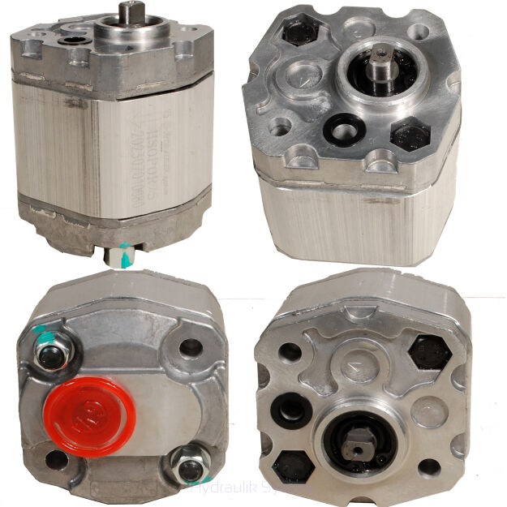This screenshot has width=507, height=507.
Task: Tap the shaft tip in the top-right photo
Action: [x=382, y=54]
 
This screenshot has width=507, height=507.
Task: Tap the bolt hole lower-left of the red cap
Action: [x=57, y=458]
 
